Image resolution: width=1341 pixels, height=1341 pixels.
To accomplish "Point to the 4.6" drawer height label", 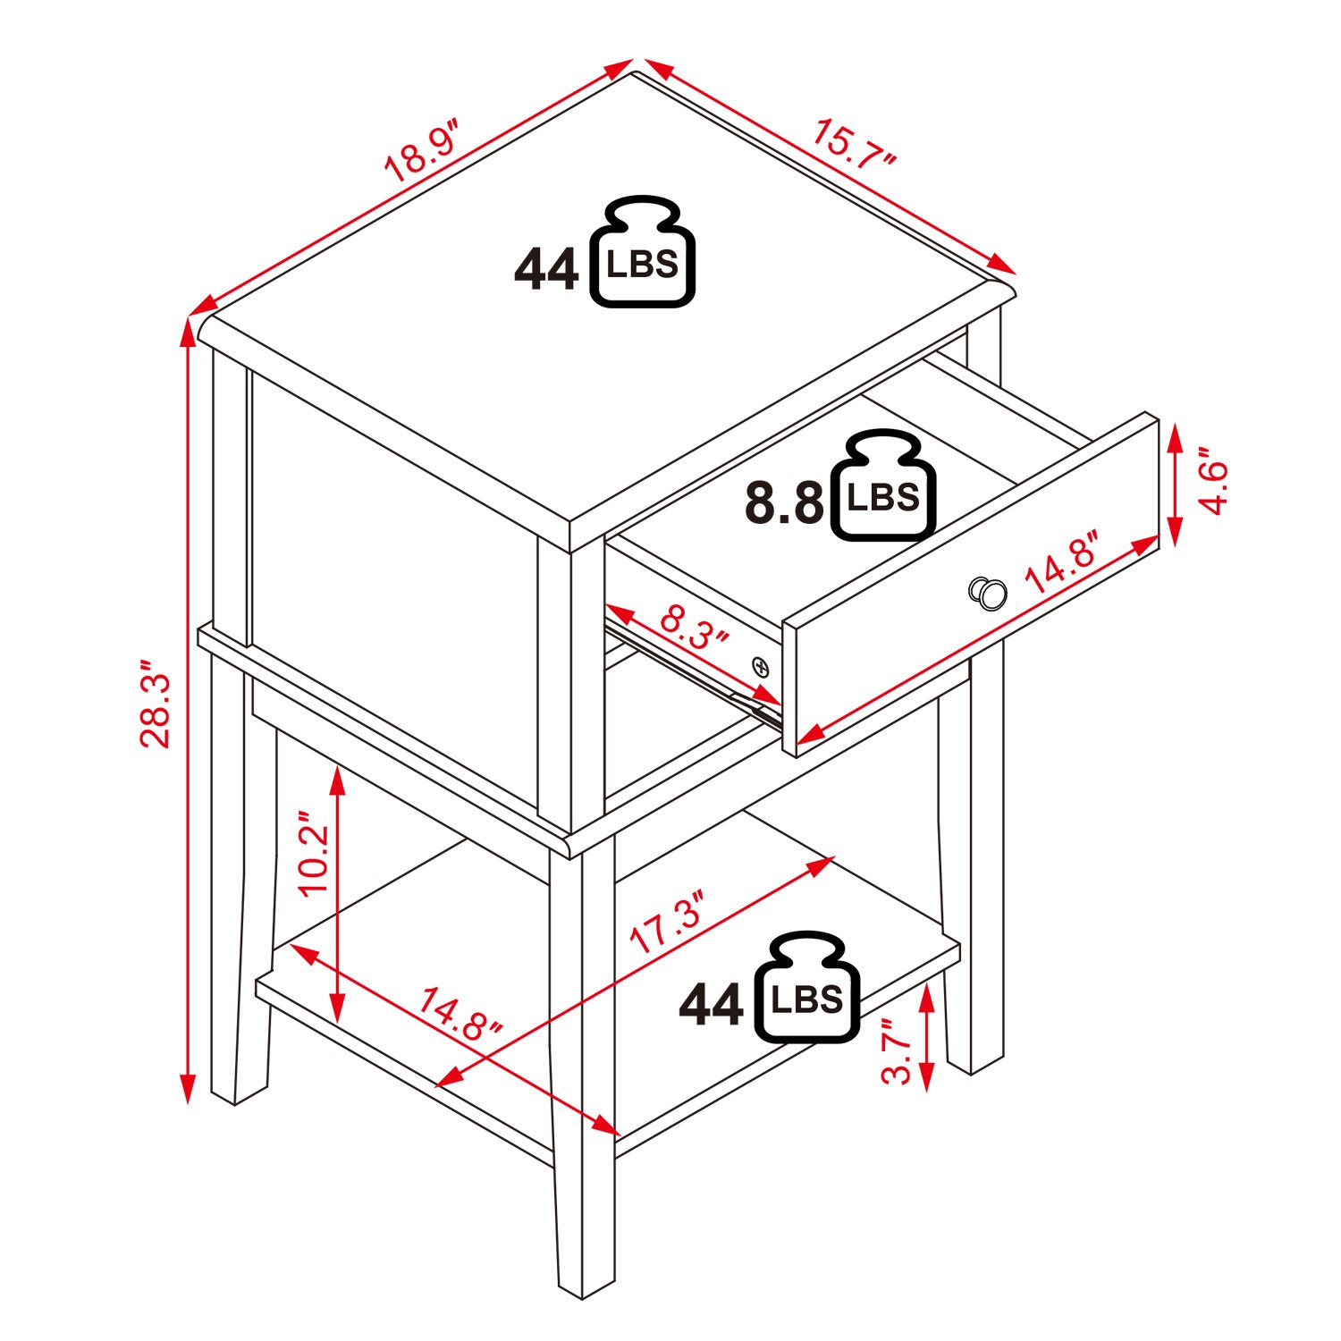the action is (1213, 487).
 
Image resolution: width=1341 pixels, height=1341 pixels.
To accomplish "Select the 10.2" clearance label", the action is (315, 854).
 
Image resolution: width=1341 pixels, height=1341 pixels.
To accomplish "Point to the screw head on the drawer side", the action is (761, 665).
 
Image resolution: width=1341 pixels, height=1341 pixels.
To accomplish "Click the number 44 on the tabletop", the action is (546, 270).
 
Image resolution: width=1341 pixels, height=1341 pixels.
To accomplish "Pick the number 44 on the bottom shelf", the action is (711, 1006).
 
